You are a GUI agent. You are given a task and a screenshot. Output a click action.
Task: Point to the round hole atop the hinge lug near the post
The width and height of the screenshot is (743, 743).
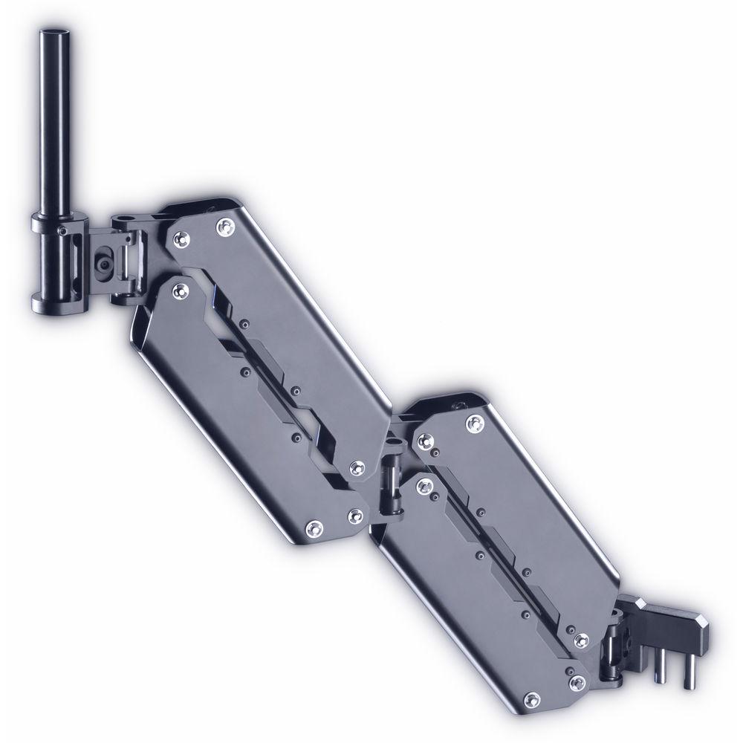tap(123, 220)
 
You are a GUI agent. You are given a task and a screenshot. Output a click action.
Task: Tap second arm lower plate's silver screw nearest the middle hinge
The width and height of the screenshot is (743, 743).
tap(424, 487)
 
